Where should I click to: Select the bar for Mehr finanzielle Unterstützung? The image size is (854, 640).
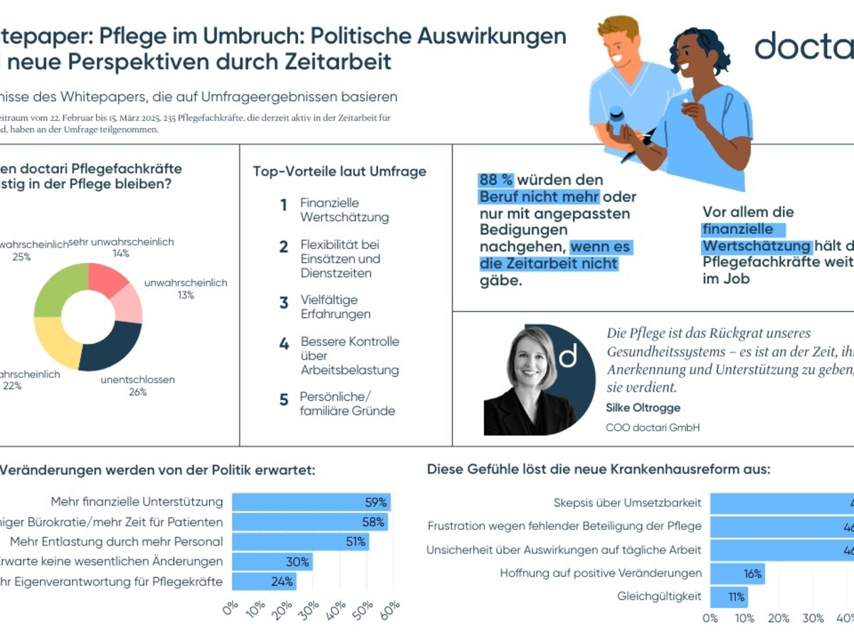311,502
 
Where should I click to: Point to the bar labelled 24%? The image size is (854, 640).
264,582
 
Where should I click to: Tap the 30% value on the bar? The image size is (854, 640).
297,562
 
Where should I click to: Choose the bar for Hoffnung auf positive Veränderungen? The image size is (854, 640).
737,573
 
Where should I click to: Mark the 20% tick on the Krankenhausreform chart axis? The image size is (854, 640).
779,618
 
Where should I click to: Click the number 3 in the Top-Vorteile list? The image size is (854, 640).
284,304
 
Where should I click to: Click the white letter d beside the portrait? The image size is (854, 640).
568,356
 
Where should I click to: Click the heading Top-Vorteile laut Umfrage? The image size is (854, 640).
339,171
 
